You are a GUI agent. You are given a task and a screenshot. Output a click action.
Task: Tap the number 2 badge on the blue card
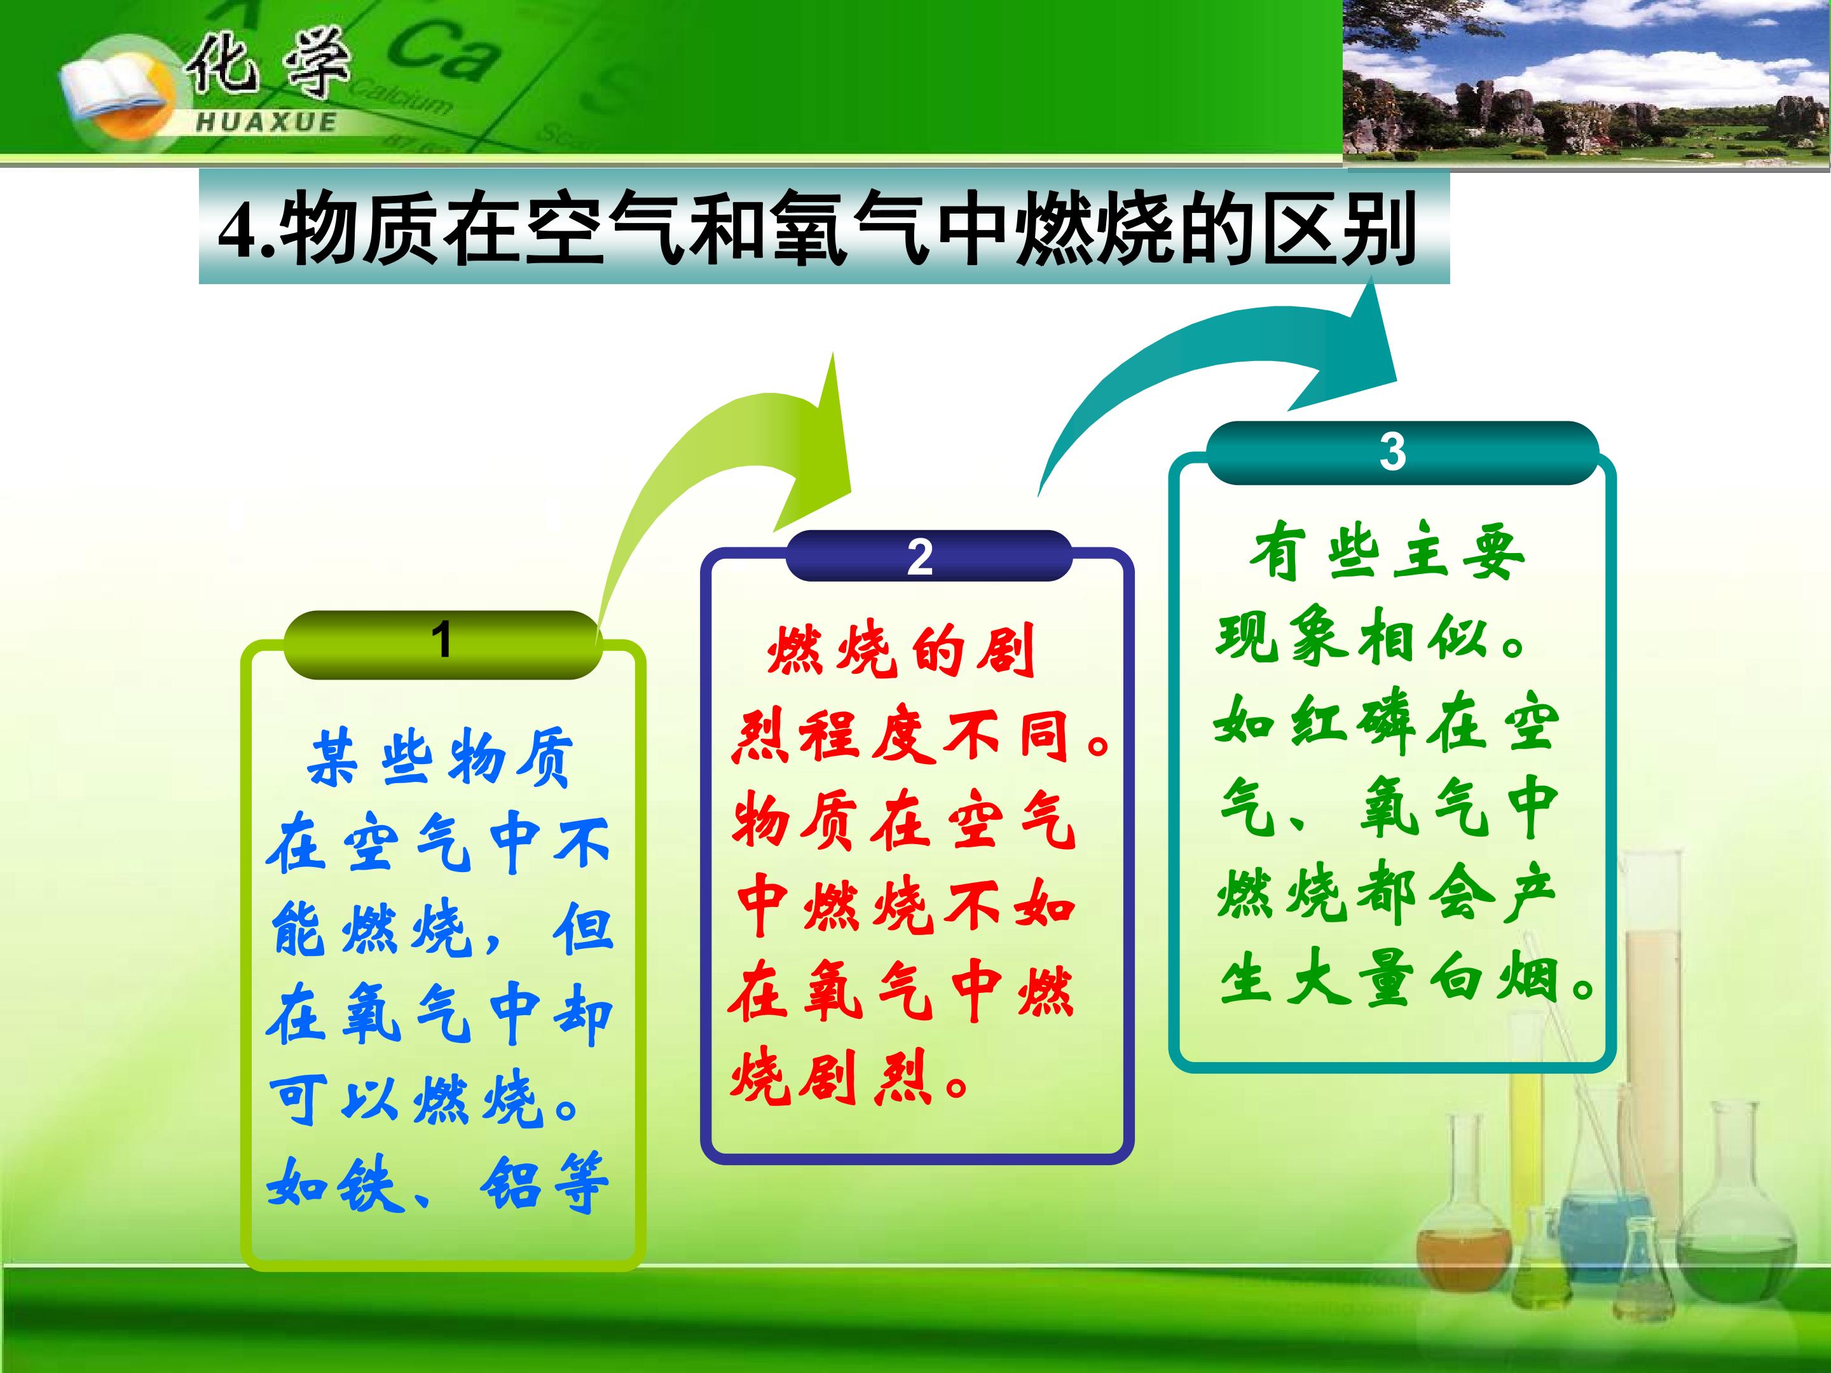pyautogui.click(x=921, y=556)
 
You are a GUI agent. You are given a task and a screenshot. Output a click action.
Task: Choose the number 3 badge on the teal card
pyautogui.click(x=1393, y=452)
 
